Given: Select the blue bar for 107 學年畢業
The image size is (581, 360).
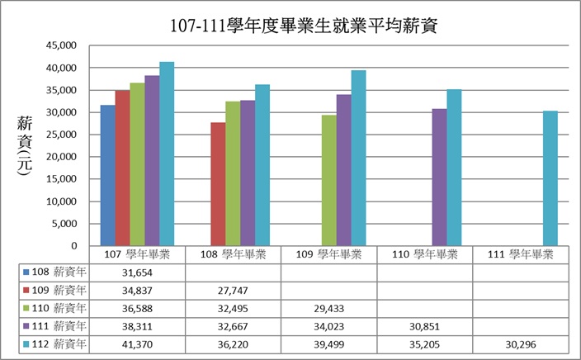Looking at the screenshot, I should coord(107,175).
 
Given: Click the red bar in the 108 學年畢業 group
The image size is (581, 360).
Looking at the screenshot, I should coord(218,184).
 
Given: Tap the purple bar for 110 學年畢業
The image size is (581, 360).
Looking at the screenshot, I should coord(439,178).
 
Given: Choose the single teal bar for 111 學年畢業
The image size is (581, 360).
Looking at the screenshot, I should coord(550,178).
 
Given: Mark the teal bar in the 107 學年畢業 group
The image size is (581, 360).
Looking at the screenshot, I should coord(167,154).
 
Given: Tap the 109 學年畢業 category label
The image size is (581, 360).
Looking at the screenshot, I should coord(329,253).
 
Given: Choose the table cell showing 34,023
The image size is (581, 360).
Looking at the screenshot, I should coord(329,325).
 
